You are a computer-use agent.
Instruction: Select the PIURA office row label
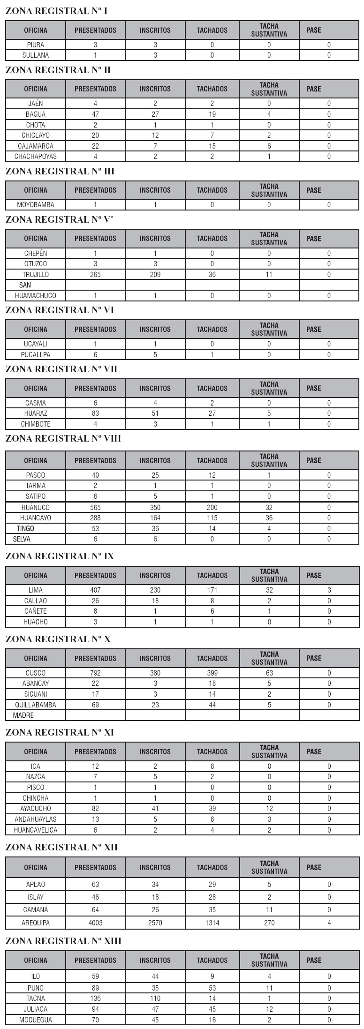(x=36, y=45)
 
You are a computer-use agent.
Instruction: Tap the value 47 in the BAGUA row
(x=95, y=114)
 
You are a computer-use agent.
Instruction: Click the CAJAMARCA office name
(x=36, y=146)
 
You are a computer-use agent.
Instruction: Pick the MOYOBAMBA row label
(x=36, y=205)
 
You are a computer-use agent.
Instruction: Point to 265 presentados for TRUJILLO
(x=95, y=275)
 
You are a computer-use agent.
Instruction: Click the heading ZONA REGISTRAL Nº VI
(x=60, y=310)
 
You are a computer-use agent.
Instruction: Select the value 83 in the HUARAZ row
(x=95, y=413)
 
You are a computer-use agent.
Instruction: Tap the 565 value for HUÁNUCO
(x=95, y=507)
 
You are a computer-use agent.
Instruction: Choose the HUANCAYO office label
(x=36, y=518)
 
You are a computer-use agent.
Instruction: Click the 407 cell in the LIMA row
(x=95, y=590)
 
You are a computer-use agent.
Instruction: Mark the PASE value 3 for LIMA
(x=329, y=590)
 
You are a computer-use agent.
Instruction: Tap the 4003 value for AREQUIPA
(x=95, y=923)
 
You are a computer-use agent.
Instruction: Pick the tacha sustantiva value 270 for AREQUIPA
(x=269, y=923)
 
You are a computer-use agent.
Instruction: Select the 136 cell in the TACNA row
(x=95, y=999)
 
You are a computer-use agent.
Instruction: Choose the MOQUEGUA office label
(x=36, y=1020)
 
